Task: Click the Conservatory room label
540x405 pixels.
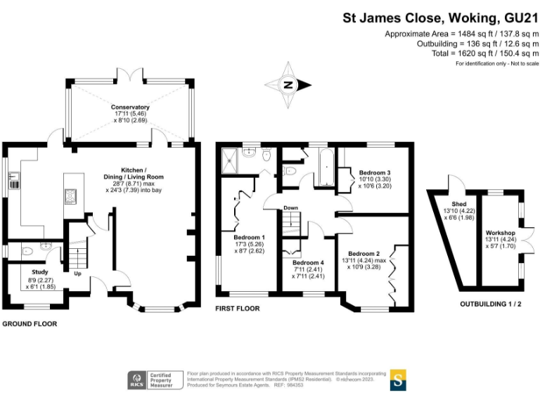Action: (130, 108)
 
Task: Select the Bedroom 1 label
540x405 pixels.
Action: (250, 237)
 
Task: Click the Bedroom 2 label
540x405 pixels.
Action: (364, 254)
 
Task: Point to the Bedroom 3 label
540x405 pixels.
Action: (375, 172)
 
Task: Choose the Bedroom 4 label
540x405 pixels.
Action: (307, 262)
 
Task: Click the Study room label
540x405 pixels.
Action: (40, 272)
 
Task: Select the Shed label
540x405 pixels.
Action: (459, 203)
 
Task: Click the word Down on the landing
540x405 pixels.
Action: (292, 208)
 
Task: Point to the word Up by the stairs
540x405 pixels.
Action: (79, 273)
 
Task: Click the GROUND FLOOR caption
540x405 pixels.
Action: (29, 324)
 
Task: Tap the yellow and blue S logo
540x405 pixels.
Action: (398, 380)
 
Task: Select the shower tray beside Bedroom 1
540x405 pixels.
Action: (230, 162)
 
